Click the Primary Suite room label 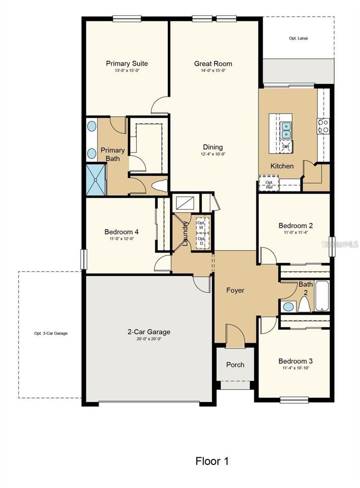click(127, 63)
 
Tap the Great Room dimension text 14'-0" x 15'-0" click(213, 71)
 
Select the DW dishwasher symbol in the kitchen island click(286, 146)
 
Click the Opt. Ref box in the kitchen click(269, 183)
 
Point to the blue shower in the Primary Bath click(96, 180)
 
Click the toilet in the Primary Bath click(160, 185)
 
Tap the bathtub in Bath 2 click(322, 296)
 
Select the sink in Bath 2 click(288, 307)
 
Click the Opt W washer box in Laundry click(202, 225)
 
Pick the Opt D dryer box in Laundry click(202, 241)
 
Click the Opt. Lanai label click(298, 38)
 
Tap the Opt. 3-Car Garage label click(51, 333)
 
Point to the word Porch click(235, 365)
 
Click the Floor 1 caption click(212, 461)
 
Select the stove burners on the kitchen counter click(323, 126)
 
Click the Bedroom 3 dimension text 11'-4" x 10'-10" click(296, 368)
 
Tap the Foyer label click(235, 290)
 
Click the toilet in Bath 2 click(304, 304)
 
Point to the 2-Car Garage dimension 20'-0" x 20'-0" click(149, 339)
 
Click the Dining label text click(213, 147)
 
